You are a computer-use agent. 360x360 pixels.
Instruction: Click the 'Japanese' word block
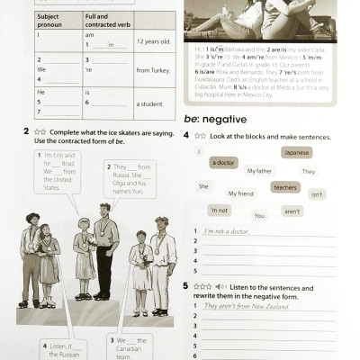[x=296, y=152]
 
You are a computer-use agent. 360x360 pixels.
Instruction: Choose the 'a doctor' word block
[x=223, y=163]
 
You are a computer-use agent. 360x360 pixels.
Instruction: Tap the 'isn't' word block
[x=317, y=193]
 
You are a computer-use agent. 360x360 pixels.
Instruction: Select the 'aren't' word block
[x=292, y=211]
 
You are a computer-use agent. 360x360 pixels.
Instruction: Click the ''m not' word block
[x=219, y=210]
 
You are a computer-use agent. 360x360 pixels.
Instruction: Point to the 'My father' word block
[x=259, y=170]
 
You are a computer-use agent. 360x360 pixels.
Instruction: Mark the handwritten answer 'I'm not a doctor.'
[x=229, y=232]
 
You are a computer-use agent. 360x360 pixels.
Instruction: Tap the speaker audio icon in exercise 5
[x=220, y=286]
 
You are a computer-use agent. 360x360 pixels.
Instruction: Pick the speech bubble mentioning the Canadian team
[x=130, y=347]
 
